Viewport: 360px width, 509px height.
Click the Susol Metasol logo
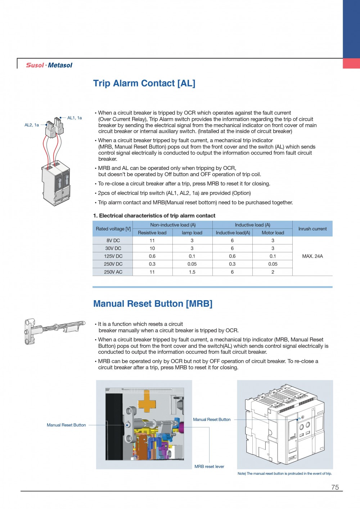pos(49,65)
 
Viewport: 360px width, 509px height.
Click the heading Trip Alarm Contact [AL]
pos(144,84)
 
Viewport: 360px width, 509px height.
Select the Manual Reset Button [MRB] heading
pos(153,304)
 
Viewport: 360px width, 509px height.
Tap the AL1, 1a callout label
pos(75,118)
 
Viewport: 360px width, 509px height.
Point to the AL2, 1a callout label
pos(32,125)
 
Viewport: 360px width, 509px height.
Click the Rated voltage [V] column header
pos(113,229)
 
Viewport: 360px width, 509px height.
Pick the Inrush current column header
pos(312,229)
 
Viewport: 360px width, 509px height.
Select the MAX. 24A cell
pos(312,256)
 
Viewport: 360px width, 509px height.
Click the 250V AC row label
pos(113,272)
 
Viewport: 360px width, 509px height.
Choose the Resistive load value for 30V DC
pos(152,248)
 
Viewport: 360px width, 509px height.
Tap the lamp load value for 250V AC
pos(192,272)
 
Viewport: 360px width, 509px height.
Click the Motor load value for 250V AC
pos(273,272)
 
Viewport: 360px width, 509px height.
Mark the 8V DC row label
pos(113,240)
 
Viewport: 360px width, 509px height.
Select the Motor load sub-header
pos(273,233)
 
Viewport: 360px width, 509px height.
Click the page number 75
pos(335,487)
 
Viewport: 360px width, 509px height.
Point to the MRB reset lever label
pos(209,467)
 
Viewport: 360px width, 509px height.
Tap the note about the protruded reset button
pos(284,474)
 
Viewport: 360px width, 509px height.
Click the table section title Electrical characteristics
pos(154,216)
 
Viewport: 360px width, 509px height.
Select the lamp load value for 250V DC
pos(192,264)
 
